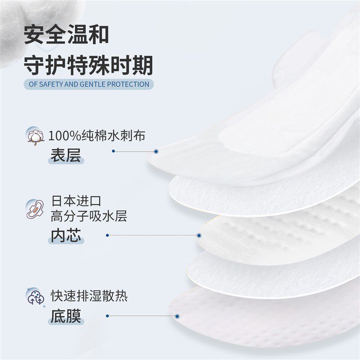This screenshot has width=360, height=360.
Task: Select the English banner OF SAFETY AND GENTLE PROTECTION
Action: click(x=88, y=84)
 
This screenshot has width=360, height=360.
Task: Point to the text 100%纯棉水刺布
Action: click(x=97, y=135)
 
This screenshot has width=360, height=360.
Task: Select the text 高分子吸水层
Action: click(x=89, y=216)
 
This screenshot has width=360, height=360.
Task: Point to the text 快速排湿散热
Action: click(x=89, y=297)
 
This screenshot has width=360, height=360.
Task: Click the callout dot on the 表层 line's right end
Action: click(x=156, y=152)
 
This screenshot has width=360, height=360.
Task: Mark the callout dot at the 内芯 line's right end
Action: click(x=198, y=235)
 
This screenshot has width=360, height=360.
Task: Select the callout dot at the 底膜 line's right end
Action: click(x=177, y=316)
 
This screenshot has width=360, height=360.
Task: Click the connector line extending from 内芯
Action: click(x=153, y=235)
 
